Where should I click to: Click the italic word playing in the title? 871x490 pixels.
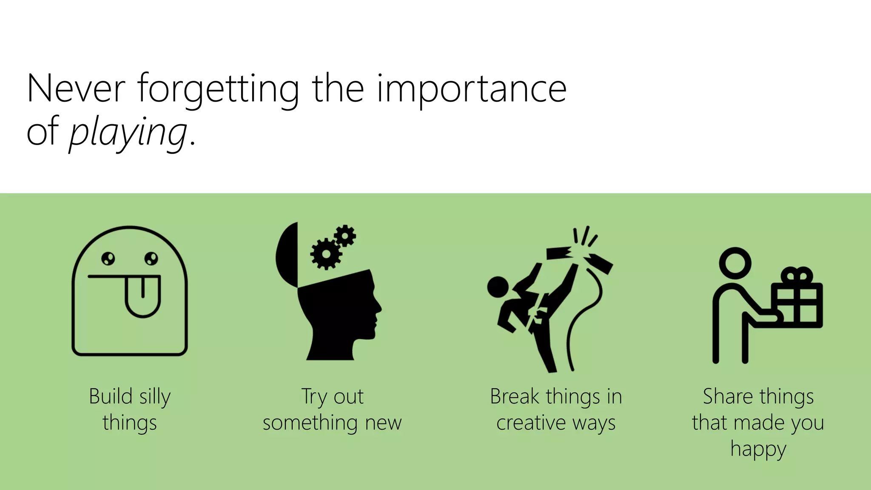(128, 133)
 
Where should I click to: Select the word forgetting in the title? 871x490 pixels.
(218, 89)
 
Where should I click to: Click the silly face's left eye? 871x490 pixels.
(108, 258)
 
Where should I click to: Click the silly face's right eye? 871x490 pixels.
(151, 258)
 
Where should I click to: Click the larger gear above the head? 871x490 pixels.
(326, 254)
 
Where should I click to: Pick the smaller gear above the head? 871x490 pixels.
(345, 236)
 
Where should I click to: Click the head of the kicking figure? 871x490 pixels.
(498, 287)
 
